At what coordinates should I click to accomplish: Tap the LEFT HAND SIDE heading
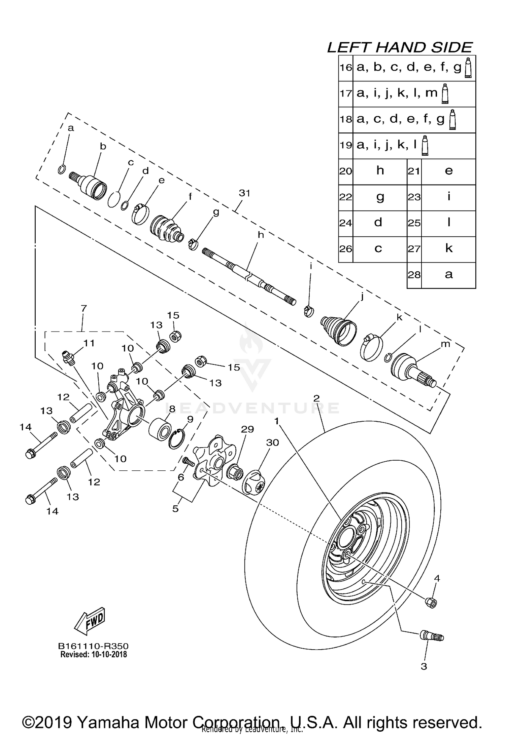coord(400,47)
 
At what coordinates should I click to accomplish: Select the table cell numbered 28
coord(414,275)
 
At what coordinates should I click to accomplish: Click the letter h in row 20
coord(380,171)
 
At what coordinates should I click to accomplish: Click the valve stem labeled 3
coord(432,636)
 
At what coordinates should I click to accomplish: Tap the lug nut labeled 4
coord(432,603)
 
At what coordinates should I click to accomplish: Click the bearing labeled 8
coord(161,428)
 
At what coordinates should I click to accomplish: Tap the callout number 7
coord(84,308)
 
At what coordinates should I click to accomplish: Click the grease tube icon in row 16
coord(468,68)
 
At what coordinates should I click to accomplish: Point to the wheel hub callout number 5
coord(175,509)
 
